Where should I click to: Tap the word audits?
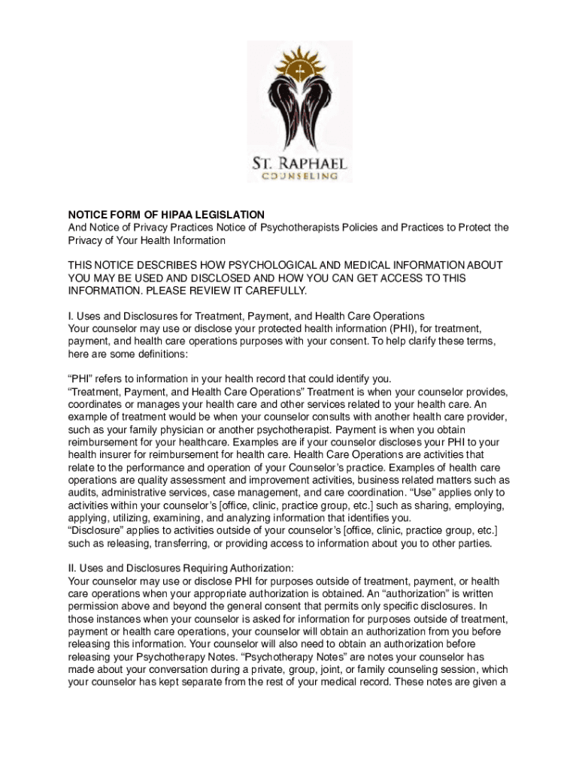83,493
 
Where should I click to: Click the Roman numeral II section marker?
72,568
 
